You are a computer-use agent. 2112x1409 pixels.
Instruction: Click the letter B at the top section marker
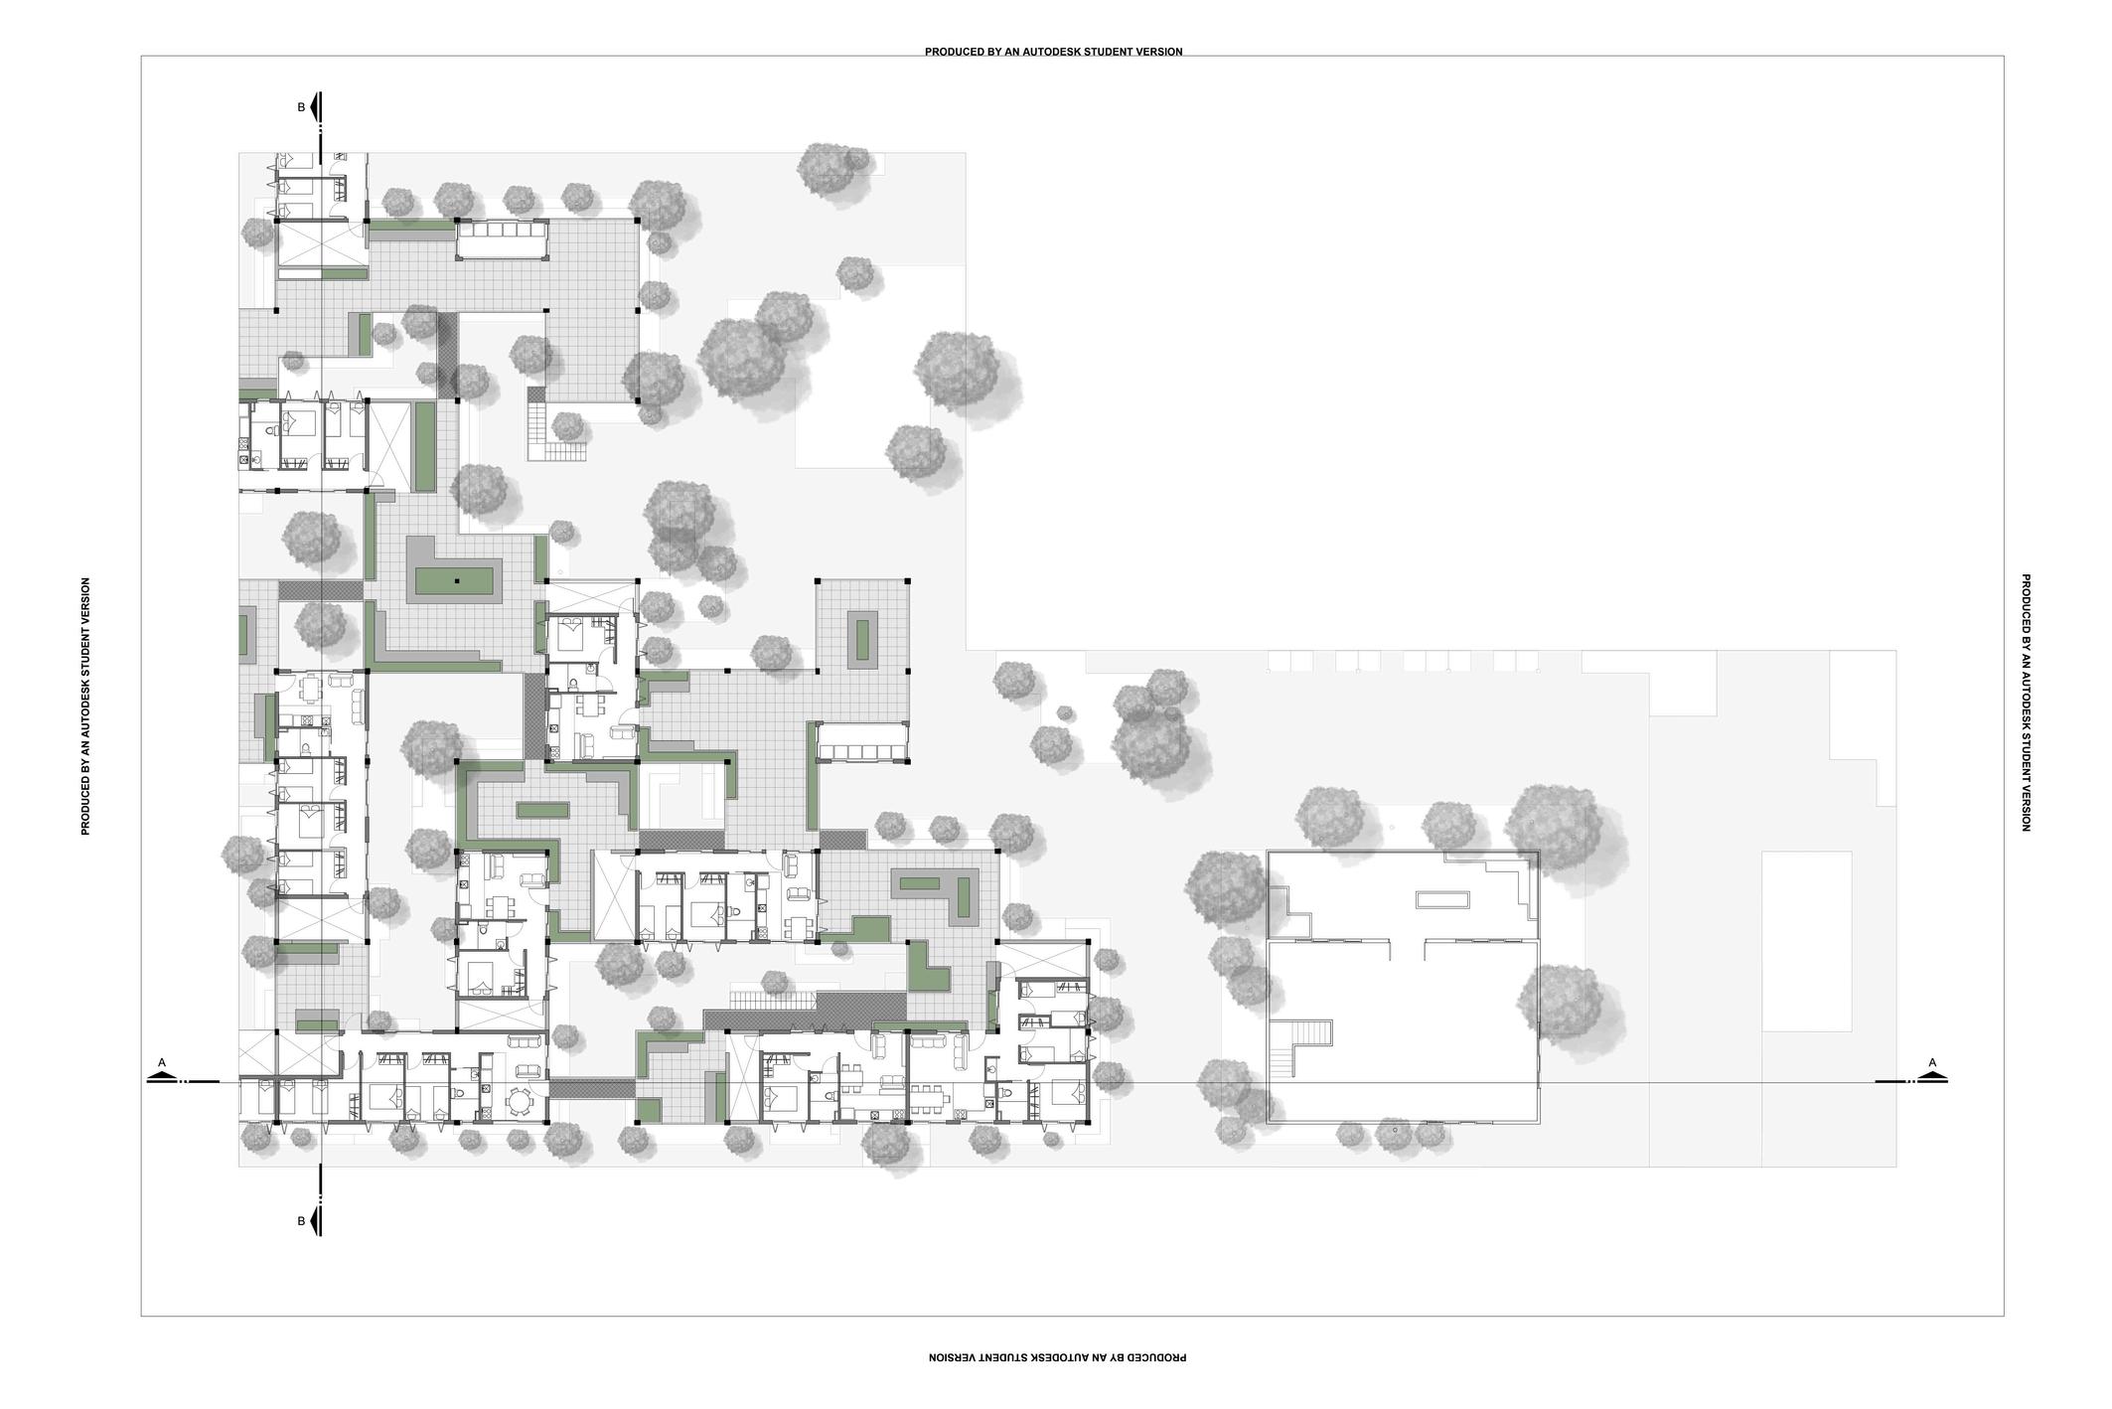point(301,107)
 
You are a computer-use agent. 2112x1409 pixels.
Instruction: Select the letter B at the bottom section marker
point(301,1221)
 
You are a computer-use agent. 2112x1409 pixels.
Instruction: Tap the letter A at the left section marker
point(162,1063)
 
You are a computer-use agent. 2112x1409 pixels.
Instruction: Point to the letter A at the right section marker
point(1932,1063)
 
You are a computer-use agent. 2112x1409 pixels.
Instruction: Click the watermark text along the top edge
point(1053,52)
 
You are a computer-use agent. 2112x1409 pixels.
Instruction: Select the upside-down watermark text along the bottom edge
point(1057,1356)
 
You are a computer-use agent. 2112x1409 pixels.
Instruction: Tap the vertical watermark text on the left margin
point(85,705)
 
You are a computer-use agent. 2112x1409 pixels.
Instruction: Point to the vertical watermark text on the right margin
point(2026,703)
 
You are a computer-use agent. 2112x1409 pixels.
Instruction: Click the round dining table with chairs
point(521,1100)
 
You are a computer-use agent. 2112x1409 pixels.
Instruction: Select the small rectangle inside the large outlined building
point(1442,900)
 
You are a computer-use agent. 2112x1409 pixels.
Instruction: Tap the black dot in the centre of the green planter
point(457,580)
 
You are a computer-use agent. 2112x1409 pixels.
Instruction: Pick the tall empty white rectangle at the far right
point(1806,941)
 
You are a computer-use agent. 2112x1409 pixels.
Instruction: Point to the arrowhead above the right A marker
point(1932,1076)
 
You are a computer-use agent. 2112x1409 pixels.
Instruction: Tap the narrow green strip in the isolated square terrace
point(862,643)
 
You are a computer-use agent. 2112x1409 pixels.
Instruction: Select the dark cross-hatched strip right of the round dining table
point(591,1088)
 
